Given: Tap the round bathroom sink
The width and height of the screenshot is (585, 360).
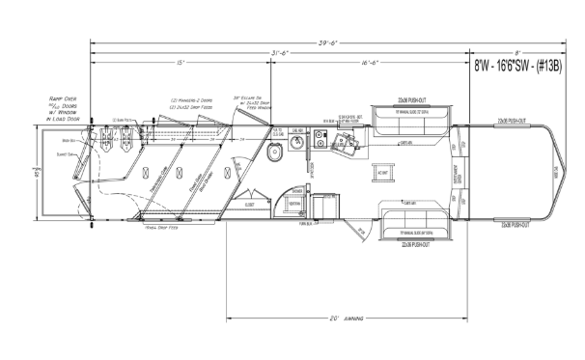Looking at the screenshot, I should [x=298, y=145].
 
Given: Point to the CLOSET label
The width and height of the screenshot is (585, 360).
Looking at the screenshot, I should [x=251, y=205].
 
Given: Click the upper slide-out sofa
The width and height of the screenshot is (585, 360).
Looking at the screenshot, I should [x=414, y=117].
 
